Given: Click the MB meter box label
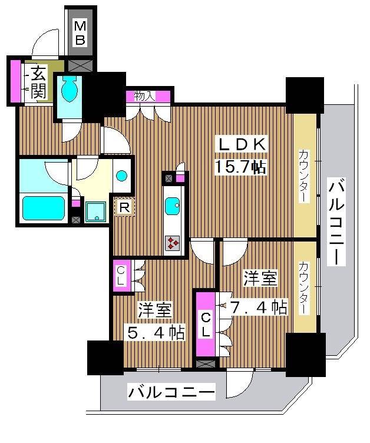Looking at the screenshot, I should coord(80,32).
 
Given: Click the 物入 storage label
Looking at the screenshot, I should coord(145,95).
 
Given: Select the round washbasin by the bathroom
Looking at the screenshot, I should coord(121,176).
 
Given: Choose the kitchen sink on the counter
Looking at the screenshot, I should coord(173,206).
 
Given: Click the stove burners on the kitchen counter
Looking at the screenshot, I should coord(173,243).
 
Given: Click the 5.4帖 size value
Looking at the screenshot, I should coord(156,332).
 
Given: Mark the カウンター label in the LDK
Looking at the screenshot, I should coord(304,176).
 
